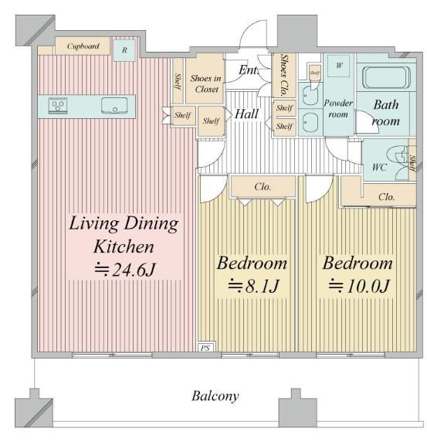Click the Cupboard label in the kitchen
click(83, 46)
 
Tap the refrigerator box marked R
click(124, 49)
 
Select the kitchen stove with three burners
click(58, 105)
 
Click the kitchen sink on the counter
click(114, 105)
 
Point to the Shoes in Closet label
click(206, 83)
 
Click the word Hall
click(246, 114)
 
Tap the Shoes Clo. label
click(284, 75)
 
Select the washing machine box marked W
click(339, 66)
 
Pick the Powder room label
click(338, 108)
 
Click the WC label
click(379, 167)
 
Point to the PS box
click(205, 348)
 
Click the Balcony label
click(215, 396)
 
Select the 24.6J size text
click(124, 270)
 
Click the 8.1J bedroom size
click(253, 286)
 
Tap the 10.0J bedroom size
click(359, 286)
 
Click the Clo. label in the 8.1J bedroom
click(263, 186)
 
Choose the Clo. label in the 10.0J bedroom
click(386, 197)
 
